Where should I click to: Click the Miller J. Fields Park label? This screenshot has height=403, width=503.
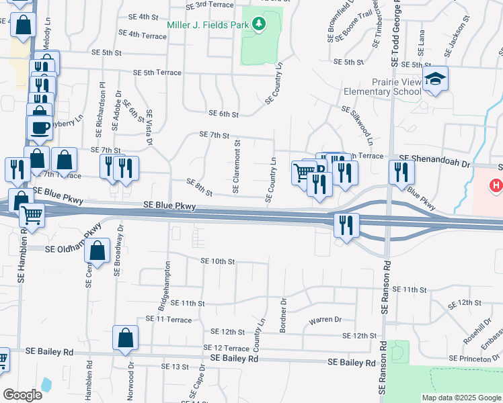click(207, 26)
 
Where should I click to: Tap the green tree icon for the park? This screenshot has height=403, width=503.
click(259, 26)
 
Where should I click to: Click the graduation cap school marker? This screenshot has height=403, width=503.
click(436, 80)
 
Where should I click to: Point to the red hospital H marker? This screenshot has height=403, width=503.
click(496, 185)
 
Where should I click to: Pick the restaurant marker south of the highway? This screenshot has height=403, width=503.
click(347, 226)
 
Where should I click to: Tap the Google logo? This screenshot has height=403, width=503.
click(22, 395)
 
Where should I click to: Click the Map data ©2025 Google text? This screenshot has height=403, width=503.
click(461, 398)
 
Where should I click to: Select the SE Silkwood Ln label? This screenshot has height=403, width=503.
click(357, 125)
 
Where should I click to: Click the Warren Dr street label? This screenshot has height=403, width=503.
click(325, 320)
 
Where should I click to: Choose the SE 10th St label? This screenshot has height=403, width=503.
click(217, 261)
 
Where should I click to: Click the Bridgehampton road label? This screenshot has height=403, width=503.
click(163, 285)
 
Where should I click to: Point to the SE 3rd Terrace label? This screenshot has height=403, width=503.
click(210, 4)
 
